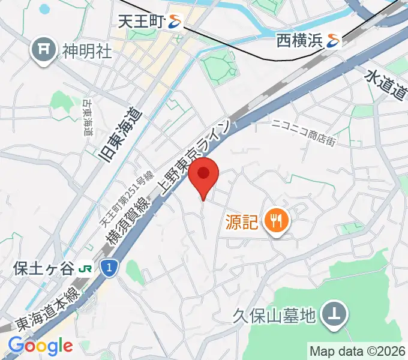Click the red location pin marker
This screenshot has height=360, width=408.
pyautogui.click(x=204, y=175)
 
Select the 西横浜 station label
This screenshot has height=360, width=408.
pyautogui.click(x=299, y=41)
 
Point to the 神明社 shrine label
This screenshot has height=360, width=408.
pyautogui.click(x=87, y=51)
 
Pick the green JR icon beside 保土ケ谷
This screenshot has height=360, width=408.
pyautogui.click(x=85, y=268)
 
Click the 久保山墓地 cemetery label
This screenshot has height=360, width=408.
pyautogui.click(x=275, y=315)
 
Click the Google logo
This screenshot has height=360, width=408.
pyautogui.click(x=40, y=346)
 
